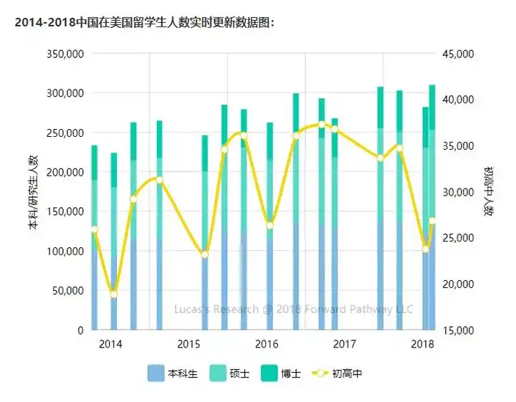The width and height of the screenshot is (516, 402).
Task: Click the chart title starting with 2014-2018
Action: (144, 23)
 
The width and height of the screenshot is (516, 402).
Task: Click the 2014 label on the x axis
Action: (110, 344)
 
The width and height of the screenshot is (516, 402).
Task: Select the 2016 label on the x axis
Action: (267, 344)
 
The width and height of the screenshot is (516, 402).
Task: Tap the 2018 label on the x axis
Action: (423, 344)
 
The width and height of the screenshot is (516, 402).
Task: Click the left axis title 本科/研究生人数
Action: (32, 192)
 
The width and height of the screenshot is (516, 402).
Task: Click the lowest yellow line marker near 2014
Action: (113, 295)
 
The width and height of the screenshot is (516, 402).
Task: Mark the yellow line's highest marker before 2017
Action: (322, 124)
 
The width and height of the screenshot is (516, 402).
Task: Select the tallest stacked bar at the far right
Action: (431, 208)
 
